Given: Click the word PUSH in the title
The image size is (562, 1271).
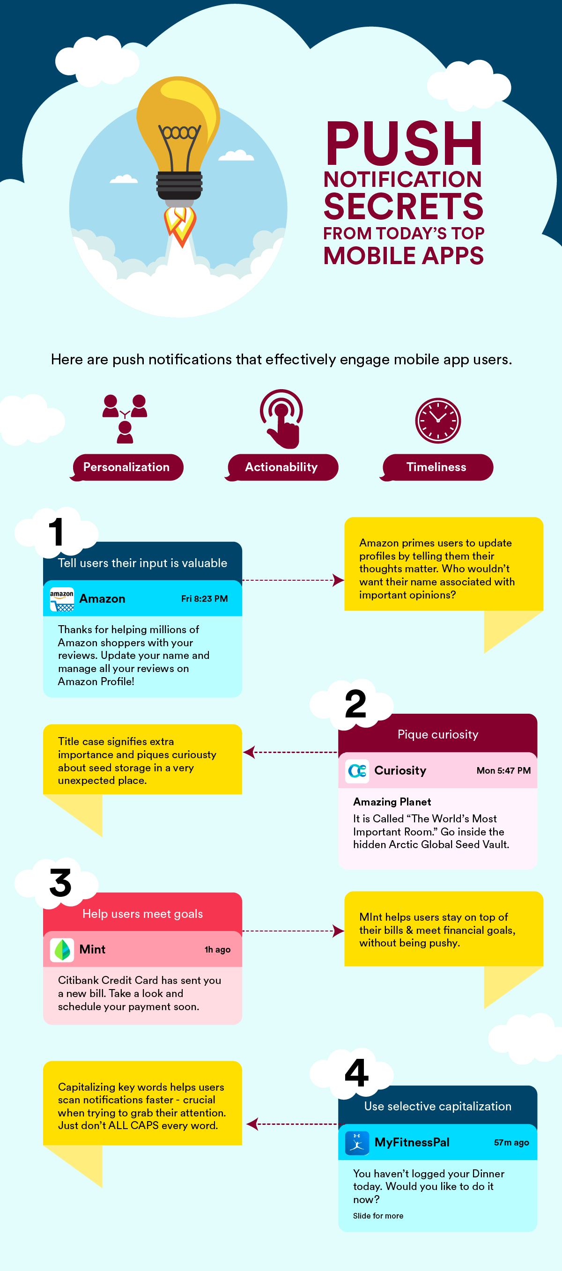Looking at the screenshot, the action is click(x=404, y=143).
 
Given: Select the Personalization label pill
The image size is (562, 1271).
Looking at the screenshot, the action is click(x=127, y=467).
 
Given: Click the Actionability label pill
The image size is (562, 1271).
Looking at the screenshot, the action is click(x=282, y=467).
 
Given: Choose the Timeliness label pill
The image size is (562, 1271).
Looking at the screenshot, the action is click(x=437, y=467).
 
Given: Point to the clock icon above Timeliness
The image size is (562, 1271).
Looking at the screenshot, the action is click(x=438, y=421).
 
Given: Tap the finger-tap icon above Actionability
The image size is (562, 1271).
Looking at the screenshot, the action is click(x=282, y=418).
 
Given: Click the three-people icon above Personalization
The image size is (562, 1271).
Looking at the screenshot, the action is click(x=125, y=418).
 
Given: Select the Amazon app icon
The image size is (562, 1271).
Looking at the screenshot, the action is click(x=62, y=599).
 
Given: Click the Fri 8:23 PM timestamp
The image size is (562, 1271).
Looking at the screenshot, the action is click(x=204, y=599).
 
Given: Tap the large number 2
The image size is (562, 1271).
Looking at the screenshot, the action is click(x=355, y=704).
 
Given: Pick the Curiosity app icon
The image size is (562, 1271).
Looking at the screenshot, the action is click(x=357, y=771).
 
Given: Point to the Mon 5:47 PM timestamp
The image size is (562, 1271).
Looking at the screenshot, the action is click(x=503, y=771).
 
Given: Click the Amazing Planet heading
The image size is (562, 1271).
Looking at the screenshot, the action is click(x=392, y=802).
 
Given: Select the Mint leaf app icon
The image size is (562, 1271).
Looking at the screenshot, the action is click(x=62, y=950).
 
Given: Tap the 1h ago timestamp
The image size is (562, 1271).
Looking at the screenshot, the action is click(x=218, y=950).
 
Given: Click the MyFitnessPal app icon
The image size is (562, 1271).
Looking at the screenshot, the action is click(x=357, y=1143).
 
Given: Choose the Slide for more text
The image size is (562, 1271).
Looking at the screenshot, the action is click(x=378, y=1216).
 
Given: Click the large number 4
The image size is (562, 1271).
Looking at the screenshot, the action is click(x=356, y=1073).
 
